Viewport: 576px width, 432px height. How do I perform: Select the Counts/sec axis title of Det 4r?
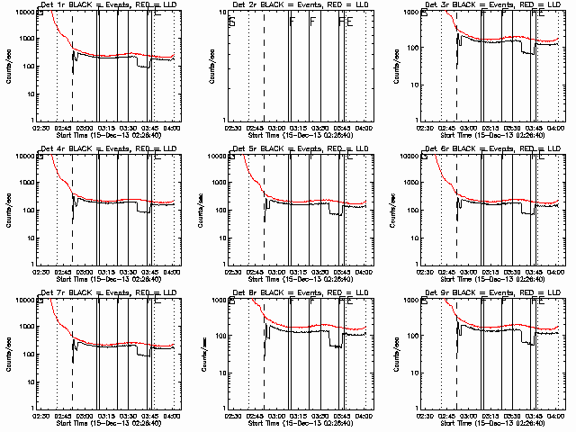9,209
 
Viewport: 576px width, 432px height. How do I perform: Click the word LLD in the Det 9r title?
550,294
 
